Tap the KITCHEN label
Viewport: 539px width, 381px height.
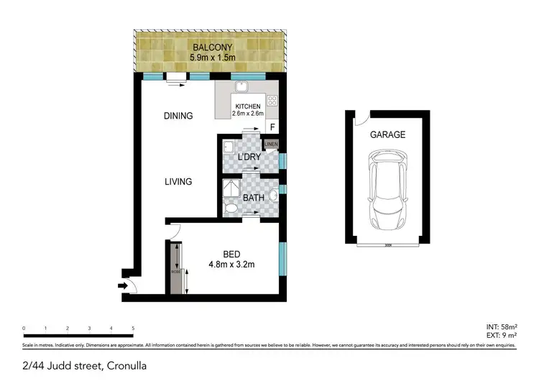point(247,106)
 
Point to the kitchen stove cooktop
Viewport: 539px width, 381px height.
point(272,101)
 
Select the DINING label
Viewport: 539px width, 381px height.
point(178,115)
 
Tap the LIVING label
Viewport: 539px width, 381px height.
point(178,182)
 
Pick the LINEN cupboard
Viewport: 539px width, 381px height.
point(271,145)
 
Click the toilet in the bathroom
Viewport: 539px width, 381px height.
point(231,208)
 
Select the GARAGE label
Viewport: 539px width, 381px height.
point(387,134)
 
